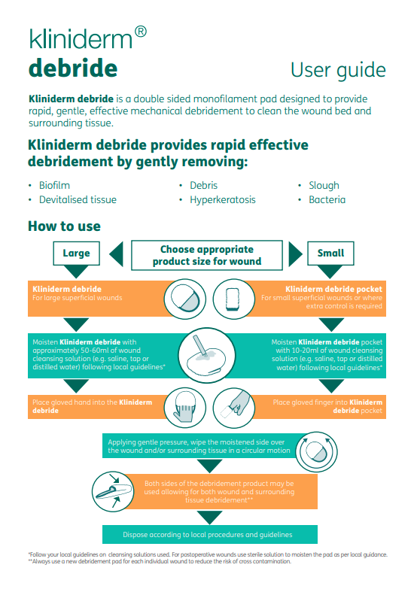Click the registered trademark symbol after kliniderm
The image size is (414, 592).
(x=141, y=32)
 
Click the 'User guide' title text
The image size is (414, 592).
(x=338, y=71)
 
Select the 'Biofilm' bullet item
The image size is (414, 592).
(x=54, y=185)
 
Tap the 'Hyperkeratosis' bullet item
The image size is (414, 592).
(x=223, y=200)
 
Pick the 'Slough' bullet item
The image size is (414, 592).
(x=324, y=185)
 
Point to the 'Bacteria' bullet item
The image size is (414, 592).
(x=327, y=200)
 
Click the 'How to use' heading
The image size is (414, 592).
(x=64, y=226)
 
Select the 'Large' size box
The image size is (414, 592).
(x=76, y=253)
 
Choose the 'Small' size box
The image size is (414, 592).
(x=330, y=253)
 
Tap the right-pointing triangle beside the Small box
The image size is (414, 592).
(x=294, y=254)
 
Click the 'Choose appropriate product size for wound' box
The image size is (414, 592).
(x=207, y=255)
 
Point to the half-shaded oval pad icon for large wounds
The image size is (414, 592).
(x=185, y=299)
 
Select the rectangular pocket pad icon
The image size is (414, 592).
(x=234, y=299)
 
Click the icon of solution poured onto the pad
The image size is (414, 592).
(x=206, y=356)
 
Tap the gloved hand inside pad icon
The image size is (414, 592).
(x=185, y=408)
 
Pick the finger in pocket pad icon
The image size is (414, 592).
(x=234, y=408)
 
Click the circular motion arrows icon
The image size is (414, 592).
(x=316, y=452)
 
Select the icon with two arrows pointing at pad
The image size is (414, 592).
(x=113, y=491)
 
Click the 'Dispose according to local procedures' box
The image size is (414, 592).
(x=210, y=535)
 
